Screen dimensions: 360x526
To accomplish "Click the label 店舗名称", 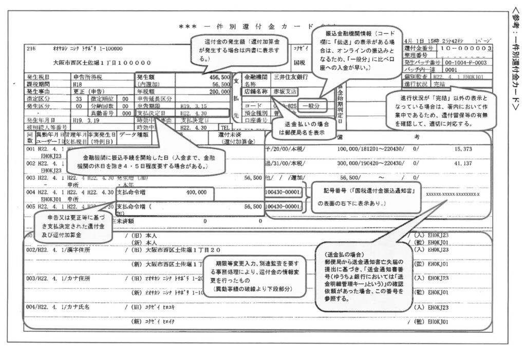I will click(x=257, y=91).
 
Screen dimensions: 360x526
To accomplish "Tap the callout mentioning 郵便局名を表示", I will click(x=305, y=128).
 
